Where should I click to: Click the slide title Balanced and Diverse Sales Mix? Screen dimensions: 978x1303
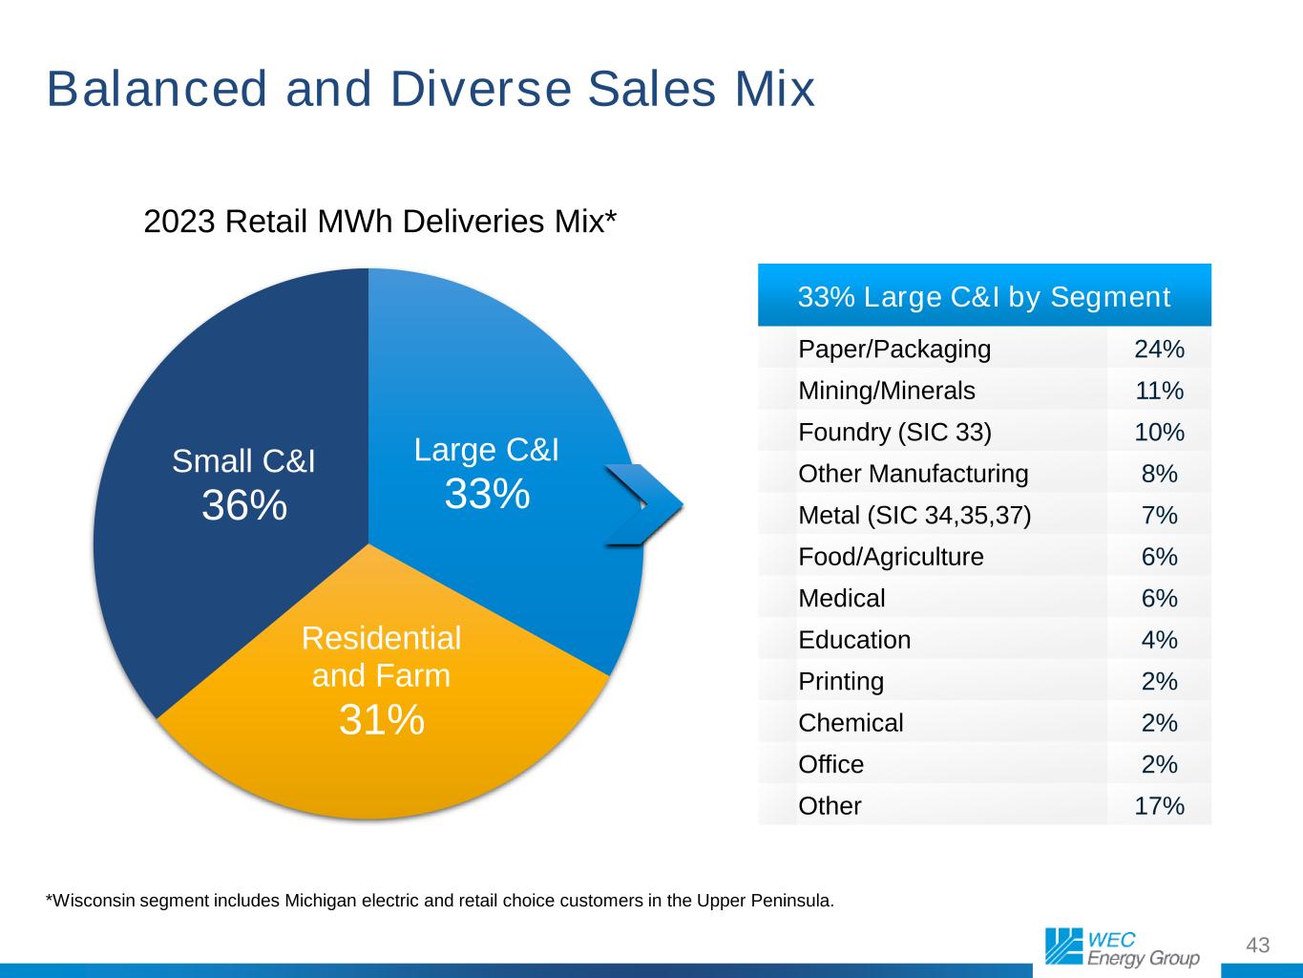(431, 89)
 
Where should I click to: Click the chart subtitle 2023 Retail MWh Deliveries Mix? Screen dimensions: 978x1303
(380, 222)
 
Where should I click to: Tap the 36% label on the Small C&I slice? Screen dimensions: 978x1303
(244, 505)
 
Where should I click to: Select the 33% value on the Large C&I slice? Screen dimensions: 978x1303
(487, 494)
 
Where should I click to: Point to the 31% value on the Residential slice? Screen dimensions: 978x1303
(382, 719)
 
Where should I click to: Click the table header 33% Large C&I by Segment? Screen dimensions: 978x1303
(984, 297)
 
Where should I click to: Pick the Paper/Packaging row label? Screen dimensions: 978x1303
(894, 350)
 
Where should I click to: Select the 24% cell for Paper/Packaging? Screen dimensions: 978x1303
(1159, 350)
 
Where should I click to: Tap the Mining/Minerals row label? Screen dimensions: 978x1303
(887, 391)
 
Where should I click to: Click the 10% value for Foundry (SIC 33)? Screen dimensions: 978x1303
(1159, 433)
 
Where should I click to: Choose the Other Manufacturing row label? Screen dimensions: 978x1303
(914, 474)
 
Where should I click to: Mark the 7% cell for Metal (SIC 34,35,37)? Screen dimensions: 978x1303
(1159, 516)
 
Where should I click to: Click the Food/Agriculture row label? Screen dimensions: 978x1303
(891, 557)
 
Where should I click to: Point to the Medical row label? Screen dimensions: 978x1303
(842, 599)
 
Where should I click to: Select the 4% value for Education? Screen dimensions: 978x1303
(1159, 640)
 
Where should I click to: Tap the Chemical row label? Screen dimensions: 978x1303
(851, 723)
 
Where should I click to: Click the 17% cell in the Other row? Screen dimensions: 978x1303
(1159, 806)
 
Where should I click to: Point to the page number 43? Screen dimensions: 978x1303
(1258, 946)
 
